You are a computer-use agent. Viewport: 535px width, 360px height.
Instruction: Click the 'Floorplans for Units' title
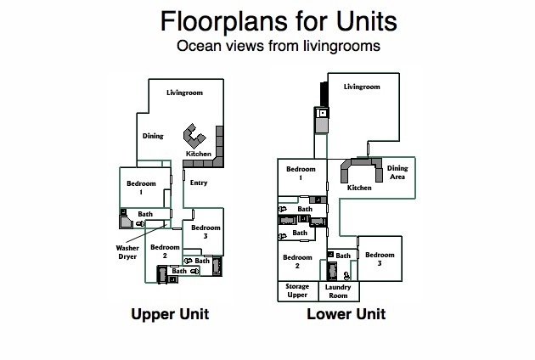pyautogui.click(x=279, y=21)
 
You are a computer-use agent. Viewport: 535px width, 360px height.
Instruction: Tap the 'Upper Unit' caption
pyautogui.click(x=170, y=314)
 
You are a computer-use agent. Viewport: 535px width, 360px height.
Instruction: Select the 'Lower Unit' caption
pyautogui.click(x=346, y=314)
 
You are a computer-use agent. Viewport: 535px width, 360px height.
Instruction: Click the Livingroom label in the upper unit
pyautogui.click(x=184, y=93)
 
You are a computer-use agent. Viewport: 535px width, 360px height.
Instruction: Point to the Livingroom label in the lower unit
pyautogui.click(x=362, y=87)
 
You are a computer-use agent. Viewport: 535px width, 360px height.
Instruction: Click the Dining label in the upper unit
pyautogui.click(x=153, y=136)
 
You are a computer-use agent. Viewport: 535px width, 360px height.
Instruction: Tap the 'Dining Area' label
pyautogui.click(x=397, y=172)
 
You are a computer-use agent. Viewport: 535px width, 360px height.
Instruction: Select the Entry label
pyautogui.click(x=199, y=183)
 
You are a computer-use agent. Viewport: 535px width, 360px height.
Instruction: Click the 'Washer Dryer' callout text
pyautogui.click(x=127, y=252)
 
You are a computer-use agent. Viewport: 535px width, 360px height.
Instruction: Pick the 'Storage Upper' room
pyautogui.click(x=298, y=291)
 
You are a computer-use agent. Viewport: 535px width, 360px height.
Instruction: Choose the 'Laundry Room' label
pyautogui.click(x=338, y=291)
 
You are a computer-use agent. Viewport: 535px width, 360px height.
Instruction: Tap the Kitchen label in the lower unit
pyautogui.click(x=359, y=188)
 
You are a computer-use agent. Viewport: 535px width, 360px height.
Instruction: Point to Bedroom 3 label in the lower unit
pyautogui.click(x=380, y=259)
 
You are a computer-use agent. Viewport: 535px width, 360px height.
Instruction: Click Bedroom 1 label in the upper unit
pyautogui.click(x=141, y=188)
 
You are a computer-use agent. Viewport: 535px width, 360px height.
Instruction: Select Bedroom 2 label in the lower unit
pyautogui.click(x=297, y=261)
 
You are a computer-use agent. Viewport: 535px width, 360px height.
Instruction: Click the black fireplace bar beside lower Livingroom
pyautogui.click(x=324, y=94)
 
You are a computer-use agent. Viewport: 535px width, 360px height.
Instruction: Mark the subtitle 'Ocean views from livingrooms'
pyautogui.click(x=279, y=46)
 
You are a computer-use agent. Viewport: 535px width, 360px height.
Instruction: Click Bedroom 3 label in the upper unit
pyautogui.click(x=206, y=231)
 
